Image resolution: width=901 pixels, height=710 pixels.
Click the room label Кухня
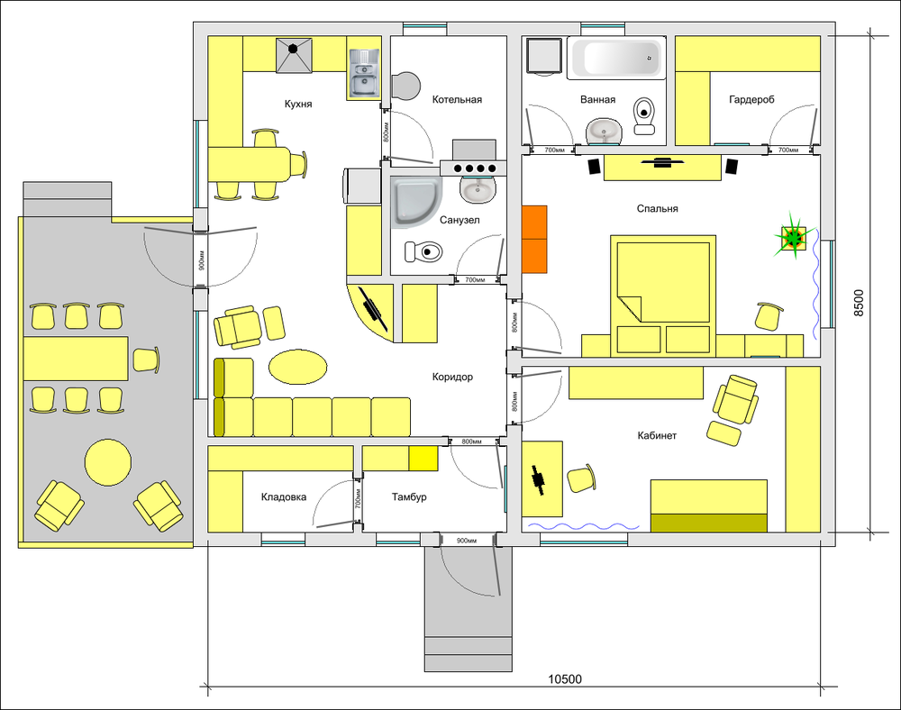click(x=298, y=104)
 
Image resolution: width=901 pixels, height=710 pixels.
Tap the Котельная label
click(x=457, y=100)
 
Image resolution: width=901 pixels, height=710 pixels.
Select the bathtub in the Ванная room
click(x=616, y=58)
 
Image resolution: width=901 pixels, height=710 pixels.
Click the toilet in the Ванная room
click(x=645, y=115)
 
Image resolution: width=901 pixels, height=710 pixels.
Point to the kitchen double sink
click(x=364, y=73)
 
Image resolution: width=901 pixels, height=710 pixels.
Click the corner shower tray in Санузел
click(x=416, y=203)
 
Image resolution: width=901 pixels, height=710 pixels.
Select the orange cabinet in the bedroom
click(x=534, y=239)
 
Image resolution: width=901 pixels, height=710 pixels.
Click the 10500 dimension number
click(x=565, y=679)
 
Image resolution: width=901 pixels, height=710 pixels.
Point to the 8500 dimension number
click(x=858, y=304)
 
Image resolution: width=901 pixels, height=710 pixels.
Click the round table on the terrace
click(x=108, y=462)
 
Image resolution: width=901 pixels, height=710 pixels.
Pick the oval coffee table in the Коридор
click(x=298, y=367)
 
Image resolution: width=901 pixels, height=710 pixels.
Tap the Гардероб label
click(x=751, y=100)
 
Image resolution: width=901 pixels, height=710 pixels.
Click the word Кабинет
click(x=657, y=435)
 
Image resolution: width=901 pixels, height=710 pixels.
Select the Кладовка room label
click(x=284, y=496)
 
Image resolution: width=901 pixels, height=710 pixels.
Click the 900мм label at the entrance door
click(x=467, y=541)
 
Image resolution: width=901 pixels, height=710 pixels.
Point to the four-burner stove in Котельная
click(x=473, y=168)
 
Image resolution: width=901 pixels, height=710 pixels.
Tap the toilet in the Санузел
click(x=423, y=251)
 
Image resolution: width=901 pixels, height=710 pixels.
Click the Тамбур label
click(x=409, y=496)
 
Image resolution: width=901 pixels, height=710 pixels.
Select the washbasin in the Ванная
click(x=605, y=131)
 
